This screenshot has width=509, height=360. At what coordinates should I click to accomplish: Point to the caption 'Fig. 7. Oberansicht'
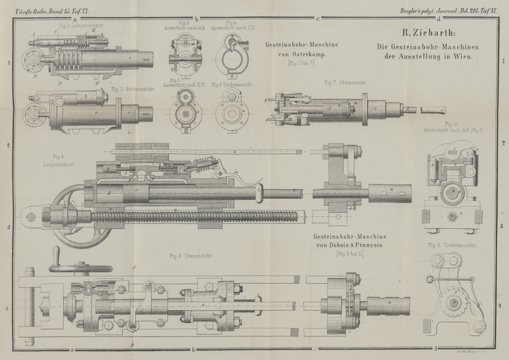[342, 83]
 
